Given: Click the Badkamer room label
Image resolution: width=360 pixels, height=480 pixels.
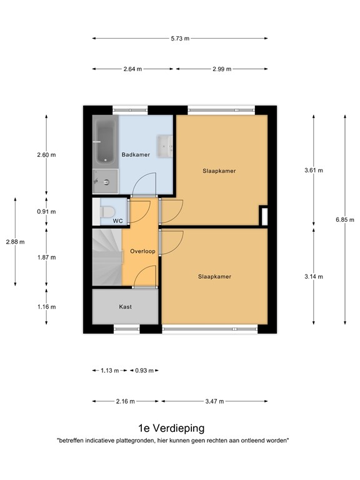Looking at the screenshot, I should (136, 155).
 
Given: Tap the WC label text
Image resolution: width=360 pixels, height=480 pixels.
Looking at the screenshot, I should (117, 221).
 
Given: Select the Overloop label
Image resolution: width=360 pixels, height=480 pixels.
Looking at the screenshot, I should (142, 251).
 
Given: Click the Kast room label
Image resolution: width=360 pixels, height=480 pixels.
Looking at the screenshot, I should (126, 307).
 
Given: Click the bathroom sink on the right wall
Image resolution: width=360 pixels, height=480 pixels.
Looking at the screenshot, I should (166, 146).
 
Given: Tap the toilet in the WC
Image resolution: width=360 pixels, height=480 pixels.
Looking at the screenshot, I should (106, 211).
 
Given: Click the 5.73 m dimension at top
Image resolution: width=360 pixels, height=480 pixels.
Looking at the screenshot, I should (180, 38).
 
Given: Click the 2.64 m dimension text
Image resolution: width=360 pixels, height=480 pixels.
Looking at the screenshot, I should (134, 69).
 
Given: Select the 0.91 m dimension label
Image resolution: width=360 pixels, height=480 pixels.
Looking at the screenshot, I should (46, 211).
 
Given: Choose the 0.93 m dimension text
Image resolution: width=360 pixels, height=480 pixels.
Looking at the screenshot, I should (143, 371).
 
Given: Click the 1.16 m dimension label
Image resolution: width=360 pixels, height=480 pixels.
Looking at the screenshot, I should (46, 307).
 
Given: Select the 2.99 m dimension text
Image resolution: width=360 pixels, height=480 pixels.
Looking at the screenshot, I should (222, 69).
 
